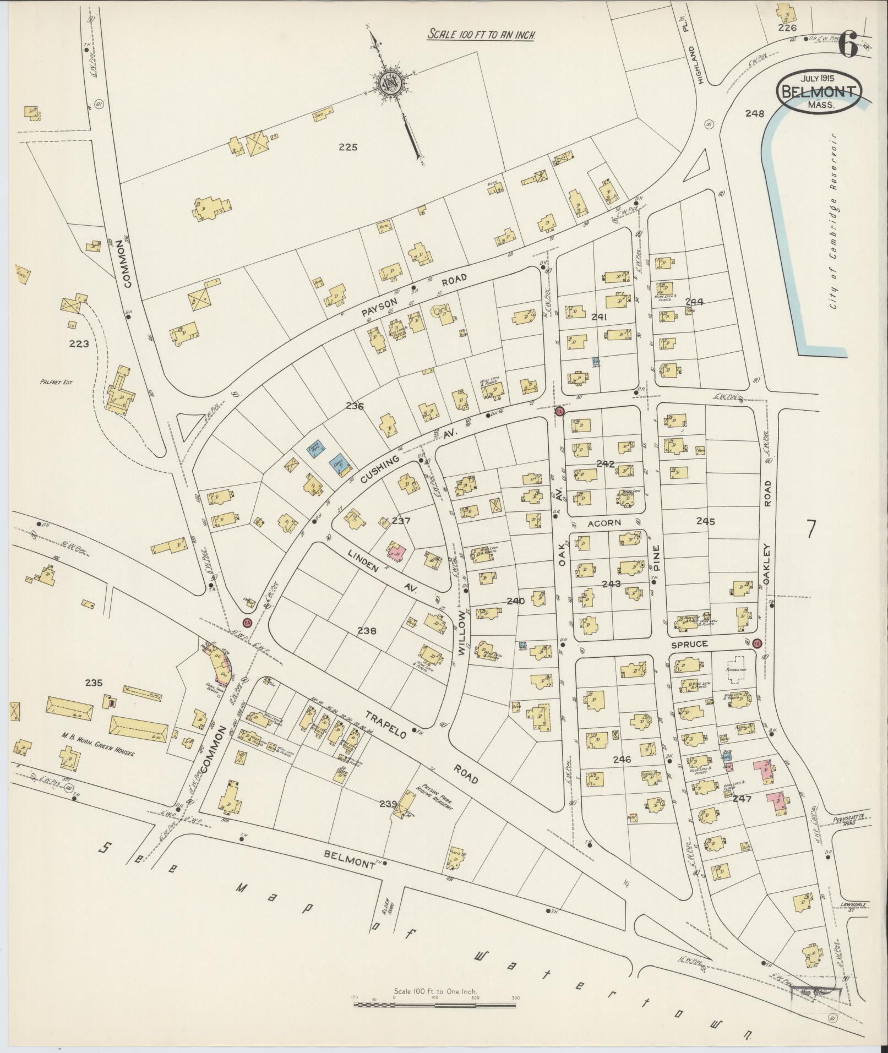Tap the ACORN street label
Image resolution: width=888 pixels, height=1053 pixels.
click(604, 522)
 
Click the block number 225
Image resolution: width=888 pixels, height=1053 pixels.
click(348, 147)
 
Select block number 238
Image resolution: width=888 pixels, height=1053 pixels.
click(366, 631)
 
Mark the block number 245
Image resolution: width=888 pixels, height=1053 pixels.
click(705, 521)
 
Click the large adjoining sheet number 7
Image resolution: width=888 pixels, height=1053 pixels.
click(810, 529)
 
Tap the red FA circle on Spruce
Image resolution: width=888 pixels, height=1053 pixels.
click(758, 643)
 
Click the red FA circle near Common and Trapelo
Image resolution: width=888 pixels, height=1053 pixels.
click(247, 622)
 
